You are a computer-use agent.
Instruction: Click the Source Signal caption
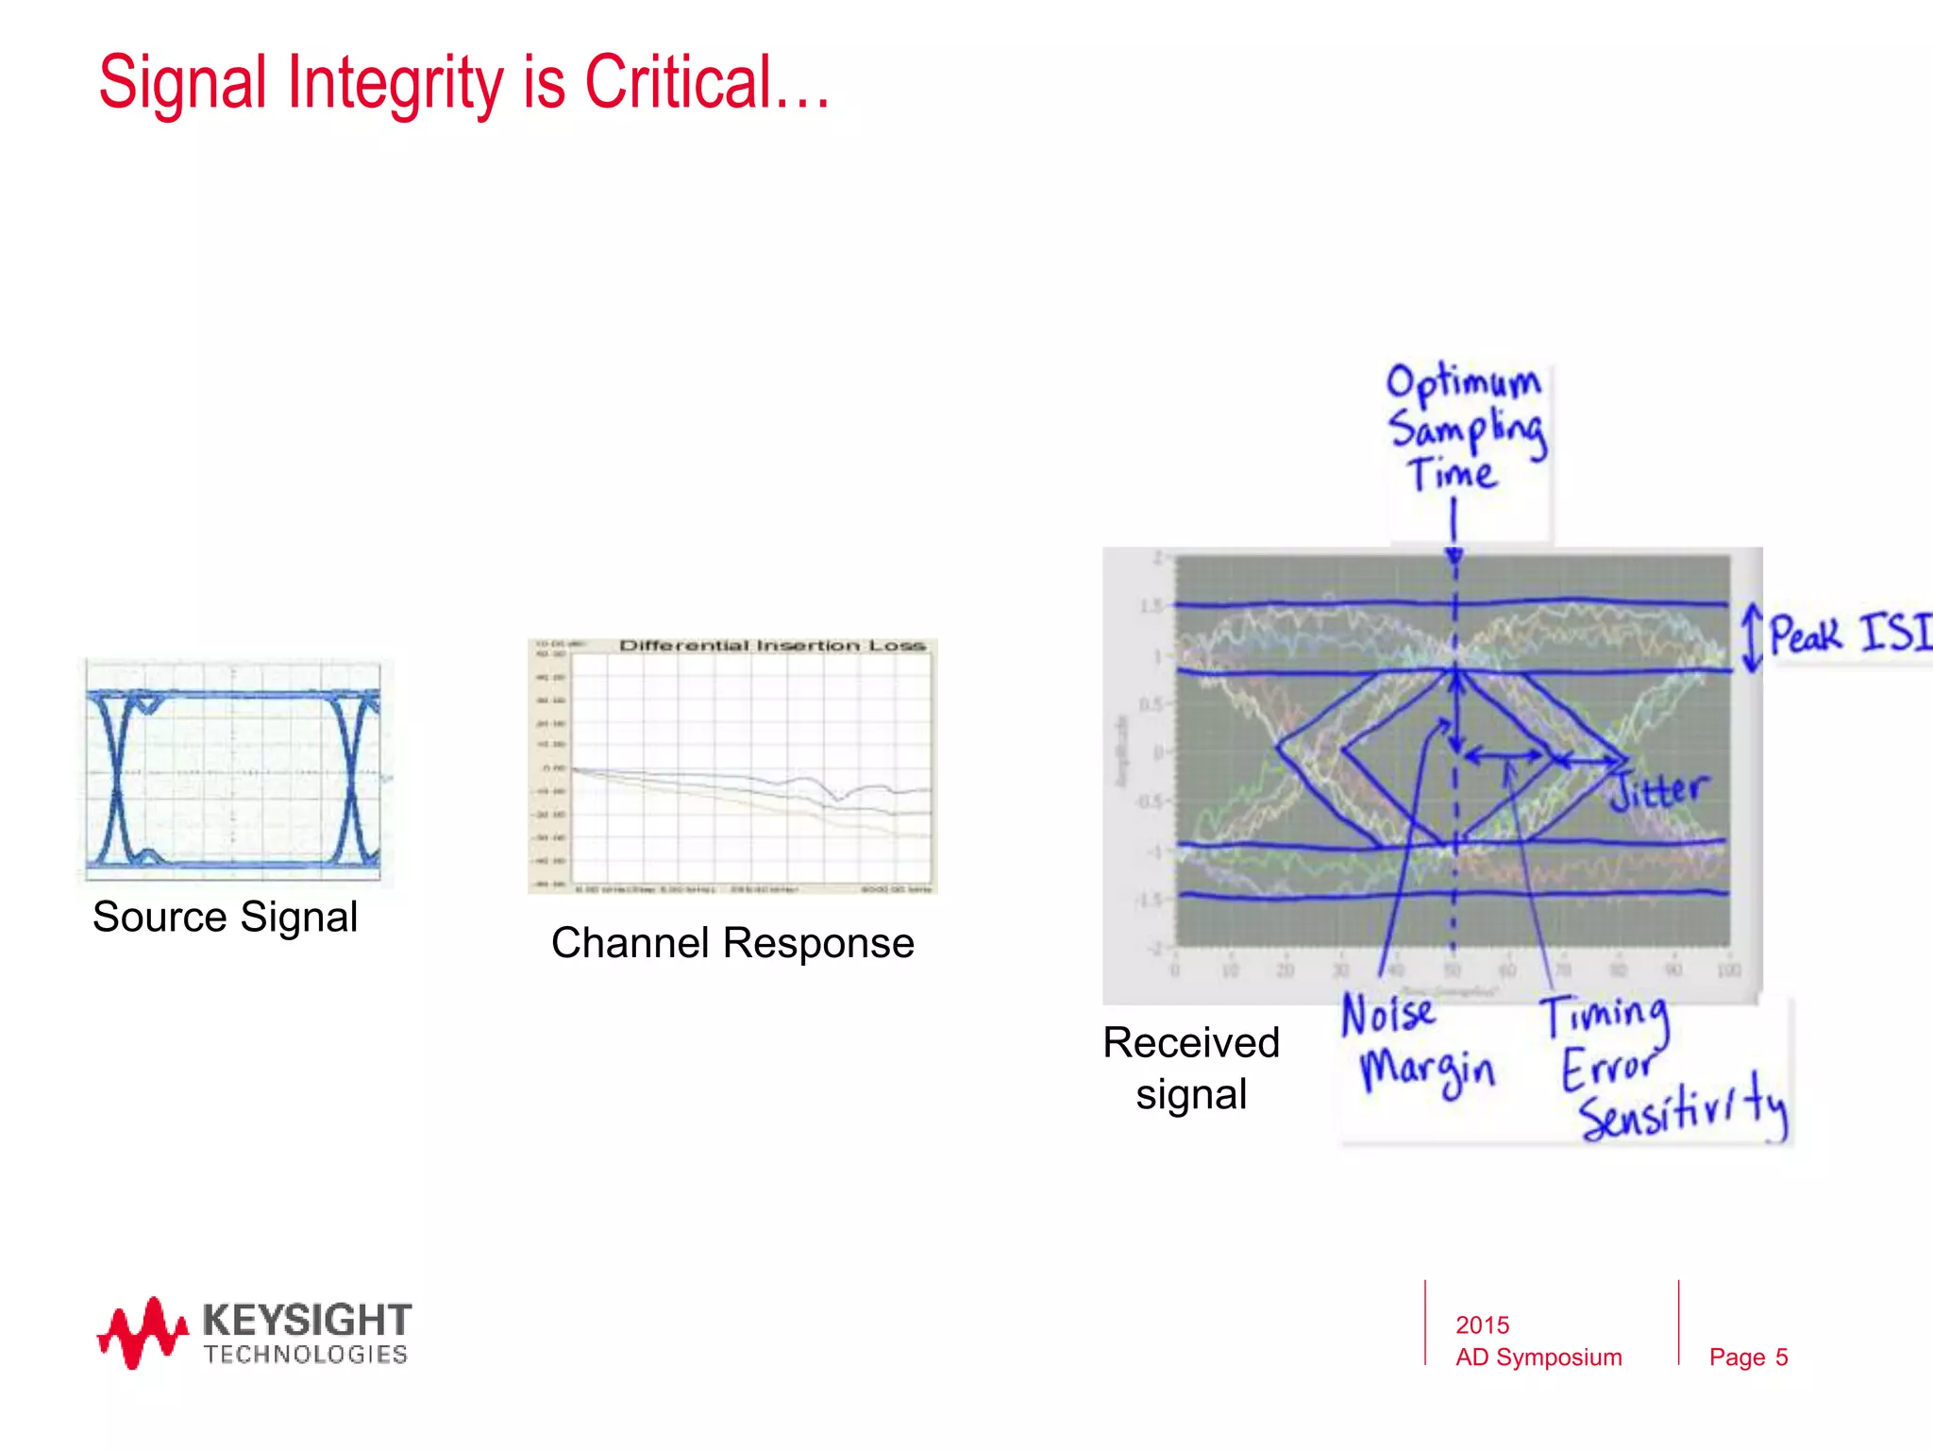pyautogui.click(x=225, y=917)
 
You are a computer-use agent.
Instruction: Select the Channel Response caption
pyautogui.click(x=732, y=943)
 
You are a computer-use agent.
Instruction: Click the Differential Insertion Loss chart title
pyautogui.click(x=771, y=646)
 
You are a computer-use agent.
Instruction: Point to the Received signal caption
pyautogui.click(x=1191, y=1069)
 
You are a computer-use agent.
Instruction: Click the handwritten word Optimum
pyautogui.click(x=1463, y=382)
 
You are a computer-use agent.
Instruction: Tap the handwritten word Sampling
pyautogui.click(x=1467, y=431)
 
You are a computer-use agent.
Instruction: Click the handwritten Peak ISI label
pyautogui.click(x=1848, y=633)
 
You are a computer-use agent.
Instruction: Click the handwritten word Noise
pyautogui.click(x=1388, y=1015)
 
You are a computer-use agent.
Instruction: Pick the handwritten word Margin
pyautogui.click(x=1427, y=1071)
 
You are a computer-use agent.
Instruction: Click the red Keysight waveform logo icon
pyautogui.click(x=142, y=1333)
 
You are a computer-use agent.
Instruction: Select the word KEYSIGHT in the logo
pyautogui.click(x=307, y=1319)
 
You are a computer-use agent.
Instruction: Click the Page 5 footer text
pyautogui.click(x=1748, y=1357)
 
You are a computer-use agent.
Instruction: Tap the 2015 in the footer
pyautogui.click(x=1482, y=1325)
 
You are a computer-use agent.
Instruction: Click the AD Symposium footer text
pyautogui.click(x=1538, y=1357)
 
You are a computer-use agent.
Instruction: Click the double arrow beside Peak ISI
pyautogui.click(x=1752, y=638)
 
